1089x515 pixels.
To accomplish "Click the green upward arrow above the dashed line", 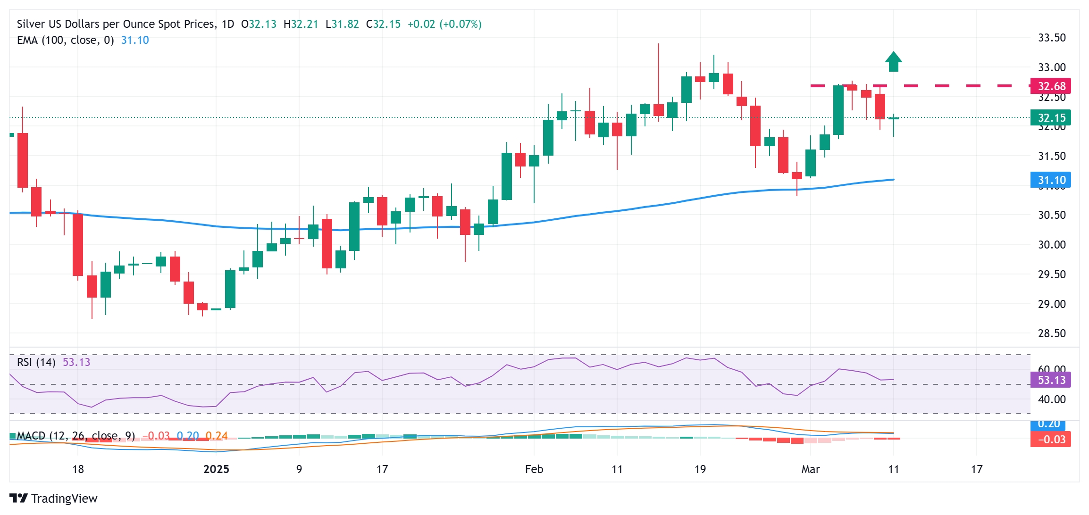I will [893, 62].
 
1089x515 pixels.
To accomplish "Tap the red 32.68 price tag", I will [1050, 86].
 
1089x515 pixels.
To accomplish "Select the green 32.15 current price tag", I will [1050, 117].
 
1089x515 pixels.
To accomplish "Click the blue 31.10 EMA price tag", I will [1050, 180].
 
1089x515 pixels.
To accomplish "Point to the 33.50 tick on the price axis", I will [1051, 38].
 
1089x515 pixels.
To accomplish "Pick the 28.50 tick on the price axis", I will [1051, 333].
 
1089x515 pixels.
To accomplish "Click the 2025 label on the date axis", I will [216, 469].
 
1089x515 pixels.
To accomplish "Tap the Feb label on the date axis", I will [534, 469].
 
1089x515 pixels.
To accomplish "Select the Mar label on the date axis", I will [811, 469].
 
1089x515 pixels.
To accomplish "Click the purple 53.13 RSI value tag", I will [1050, 380].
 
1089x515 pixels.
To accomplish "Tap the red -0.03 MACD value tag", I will [1050, 439].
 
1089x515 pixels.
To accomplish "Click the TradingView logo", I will [53, 498].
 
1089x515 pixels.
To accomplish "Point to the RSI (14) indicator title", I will [36, 362].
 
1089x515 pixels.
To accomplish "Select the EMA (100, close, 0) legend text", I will [66, 40].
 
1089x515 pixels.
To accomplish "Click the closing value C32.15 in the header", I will [383, 24].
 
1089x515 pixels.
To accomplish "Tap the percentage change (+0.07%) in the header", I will [460, 24].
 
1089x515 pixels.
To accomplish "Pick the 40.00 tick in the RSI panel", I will [1051, 399].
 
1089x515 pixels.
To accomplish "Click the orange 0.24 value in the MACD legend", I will [217, 436].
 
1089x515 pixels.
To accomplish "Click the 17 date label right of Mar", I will [976, 469].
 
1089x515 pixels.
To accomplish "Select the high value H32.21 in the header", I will [301, 24].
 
